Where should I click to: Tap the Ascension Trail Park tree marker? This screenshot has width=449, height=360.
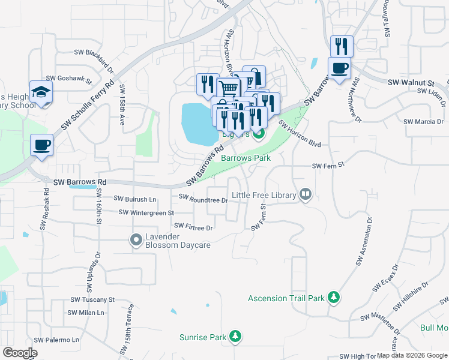(334, 298)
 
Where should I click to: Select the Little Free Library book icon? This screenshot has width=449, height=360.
(306, 194)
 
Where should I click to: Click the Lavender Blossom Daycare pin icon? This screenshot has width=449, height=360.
(136, 240)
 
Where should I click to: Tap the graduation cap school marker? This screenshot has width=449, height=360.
(41, 92)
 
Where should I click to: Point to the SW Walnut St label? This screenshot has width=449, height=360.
(411, 82)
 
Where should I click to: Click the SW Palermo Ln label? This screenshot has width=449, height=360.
(56, 340)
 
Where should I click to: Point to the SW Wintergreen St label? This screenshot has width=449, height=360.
(146, 212)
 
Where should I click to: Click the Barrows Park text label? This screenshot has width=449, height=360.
(246, 158)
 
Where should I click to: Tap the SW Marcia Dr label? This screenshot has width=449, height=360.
(423, 121)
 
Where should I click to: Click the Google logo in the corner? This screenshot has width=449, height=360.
(20, 353)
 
